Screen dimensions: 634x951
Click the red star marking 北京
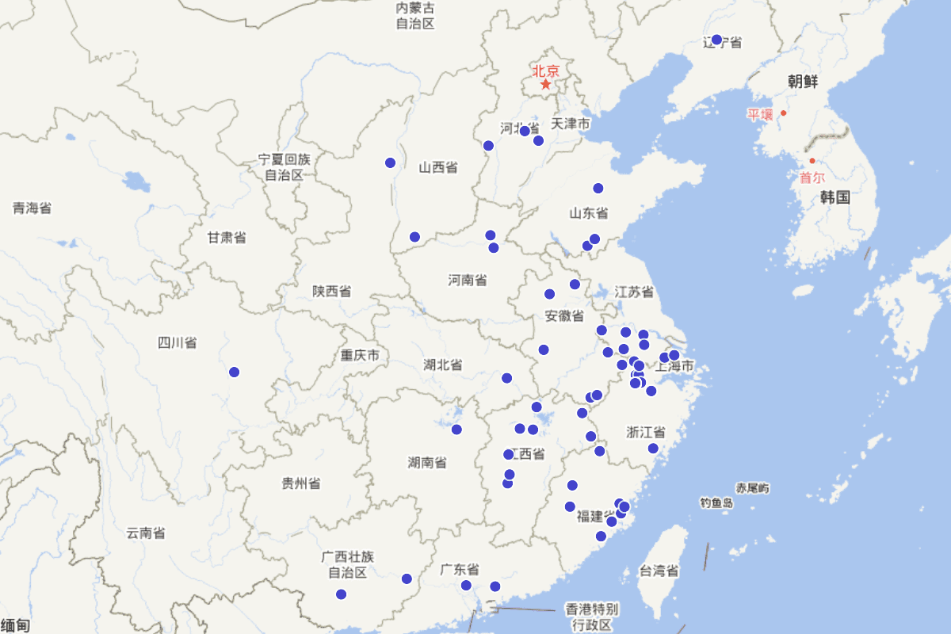coord(545,83)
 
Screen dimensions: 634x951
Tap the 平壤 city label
coord(759,114)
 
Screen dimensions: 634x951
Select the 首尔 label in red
coord(812,178)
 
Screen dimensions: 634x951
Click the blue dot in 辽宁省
coord(716,40)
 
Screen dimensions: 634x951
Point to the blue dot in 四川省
coord(234,372)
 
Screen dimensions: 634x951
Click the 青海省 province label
coord(32,208)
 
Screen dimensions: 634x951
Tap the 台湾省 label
coord(659,571)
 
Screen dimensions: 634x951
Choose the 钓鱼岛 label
coord(716,502)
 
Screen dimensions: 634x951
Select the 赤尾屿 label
coord(752,487)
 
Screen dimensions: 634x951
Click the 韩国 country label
coord(835,197)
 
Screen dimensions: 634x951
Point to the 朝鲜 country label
coord(803,81)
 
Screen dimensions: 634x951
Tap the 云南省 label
coord(146,533)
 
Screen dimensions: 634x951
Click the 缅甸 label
coord(15,626)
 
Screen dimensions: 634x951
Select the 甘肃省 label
coord(227,237)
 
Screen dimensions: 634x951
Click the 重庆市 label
coord(361,355)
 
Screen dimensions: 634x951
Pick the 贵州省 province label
coord(301,483)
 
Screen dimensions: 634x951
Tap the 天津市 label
coord(571,124)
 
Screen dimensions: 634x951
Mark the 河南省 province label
coord(468,280)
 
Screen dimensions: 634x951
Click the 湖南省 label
coord(427,462)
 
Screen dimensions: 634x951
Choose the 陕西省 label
coord(331,291)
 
